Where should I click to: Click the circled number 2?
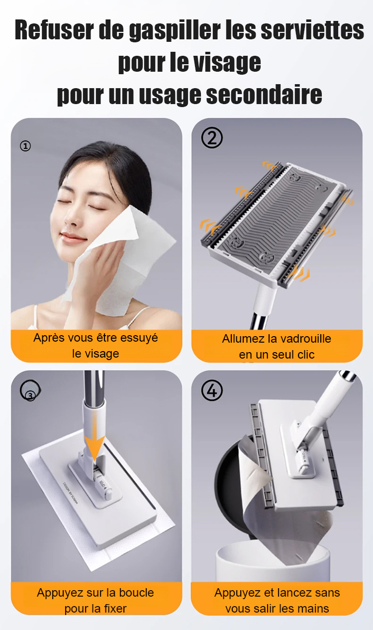point(212,138)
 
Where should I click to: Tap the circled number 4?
point(212,390)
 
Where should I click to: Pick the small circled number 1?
point(25,146)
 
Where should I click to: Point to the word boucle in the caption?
point(136,593)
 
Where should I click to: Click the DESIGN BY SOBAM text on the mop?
point(71,493)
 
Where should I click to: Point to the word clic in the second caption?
point(305,355)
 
